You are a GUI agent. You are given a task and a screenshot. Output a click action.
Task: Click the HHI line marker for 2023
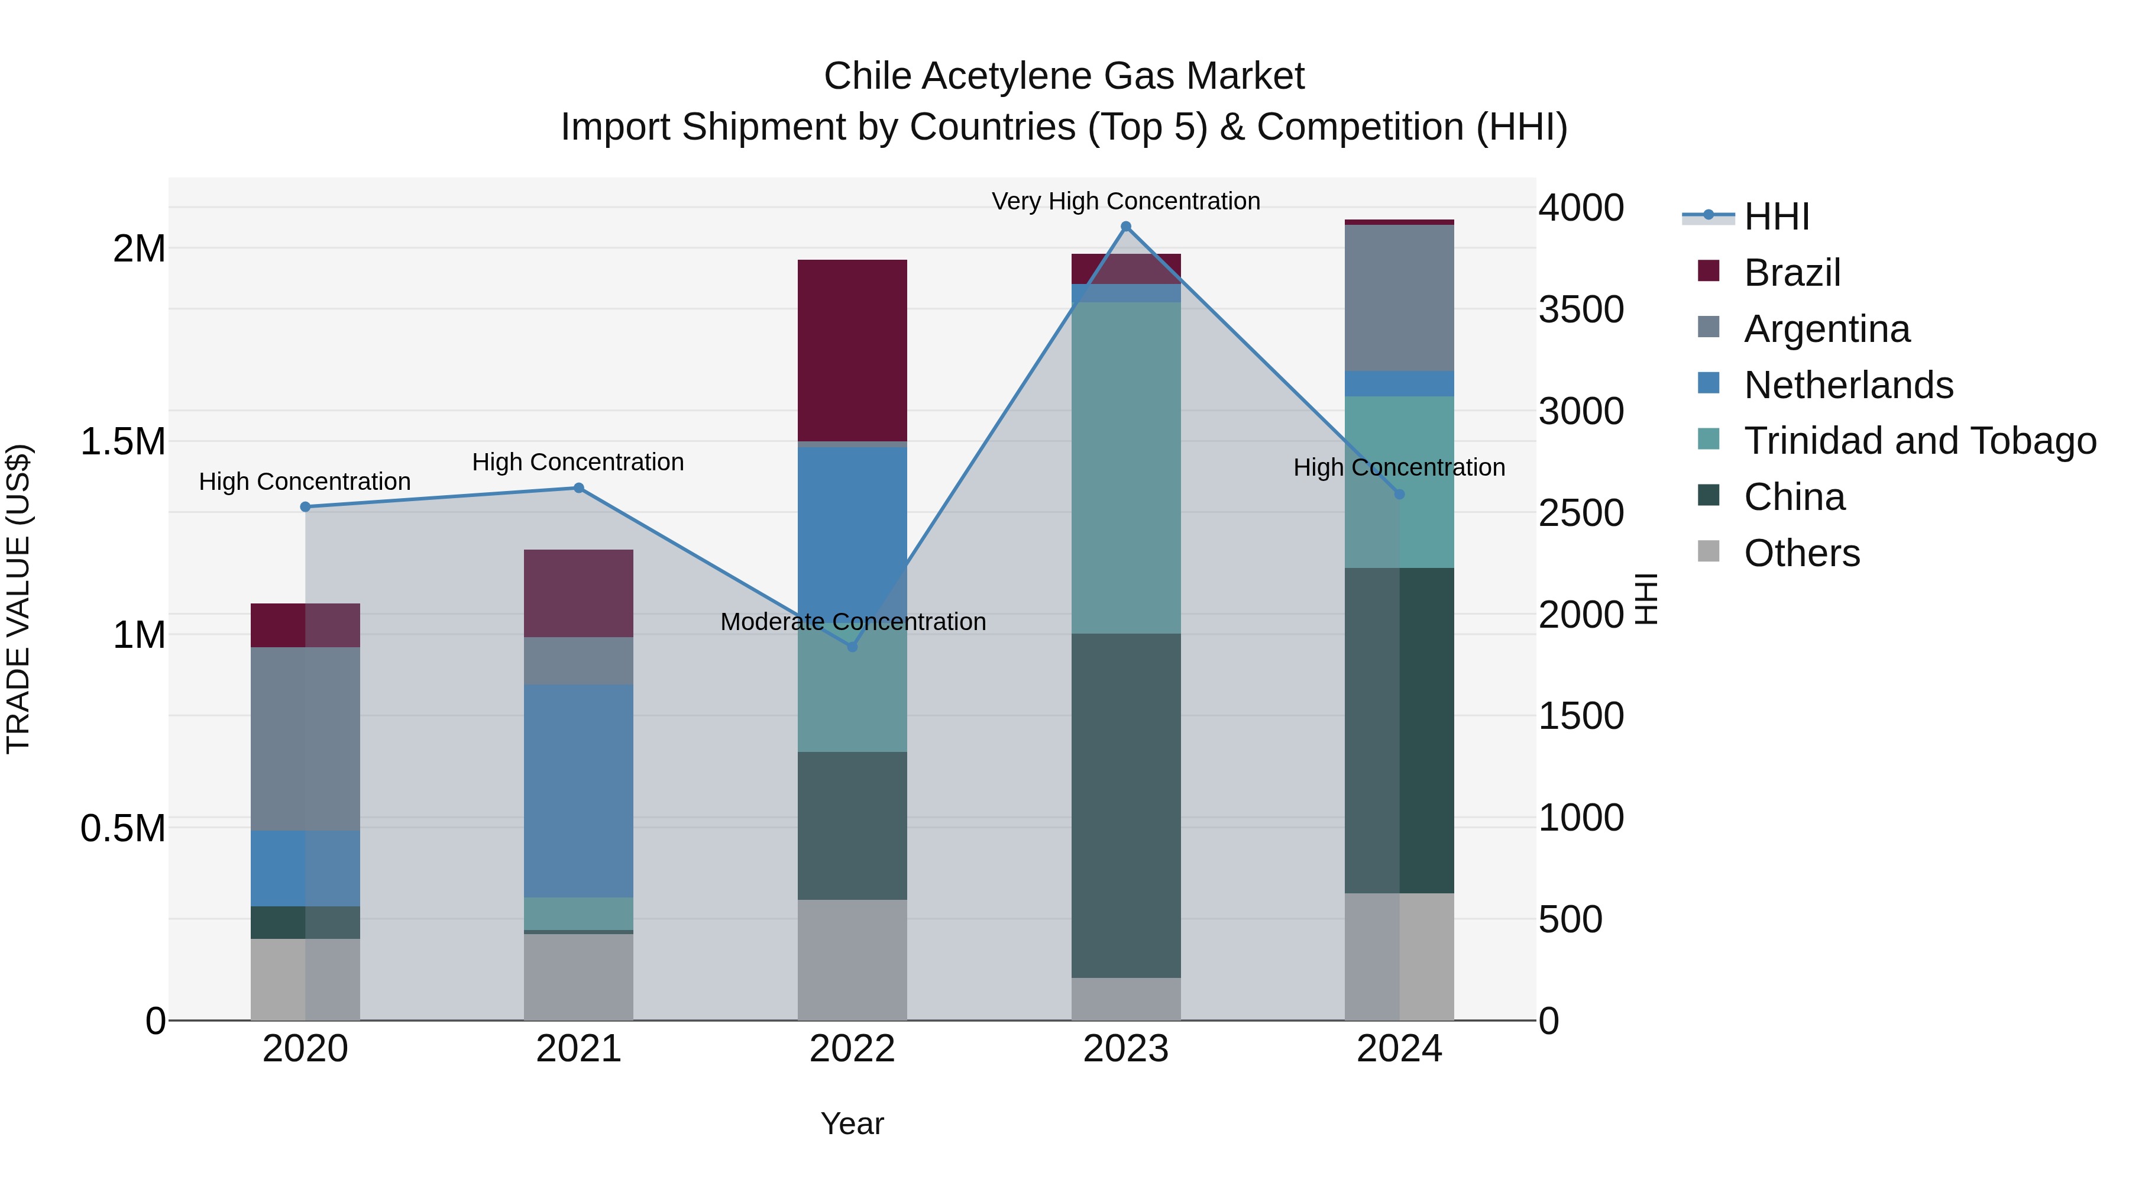point(1125,227)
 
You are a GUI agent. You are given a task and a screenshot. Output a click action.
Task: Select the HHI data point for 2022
point(853,647)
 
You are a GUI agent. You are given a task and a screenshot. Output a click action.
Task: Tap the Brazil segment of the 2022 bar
point(852,351)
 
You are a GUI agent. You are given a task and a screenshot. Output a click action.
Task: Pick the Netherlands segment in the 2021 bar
point(578,790)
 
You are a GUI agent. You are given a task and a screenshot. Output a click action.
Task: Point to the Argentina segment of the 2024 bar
point(1399,298)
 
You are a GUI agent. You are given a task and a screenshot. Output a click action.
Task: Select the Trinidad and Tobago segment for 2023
point(1125,468)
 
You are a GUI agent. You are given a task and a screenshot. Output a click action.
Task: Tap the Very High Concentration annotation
point(1125,201)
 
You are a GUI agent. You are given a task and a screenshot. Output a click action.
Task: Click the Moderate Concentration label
point(853,622)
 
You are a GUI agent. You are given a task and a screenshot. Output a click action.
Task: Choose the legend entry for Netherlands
point(1848,385)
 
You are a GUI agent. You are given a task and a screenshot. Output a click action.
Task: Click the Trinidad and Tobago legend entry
point(1919,441)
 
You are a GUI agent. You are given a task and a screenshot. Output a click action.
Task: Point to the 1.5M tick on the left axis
point(122,441)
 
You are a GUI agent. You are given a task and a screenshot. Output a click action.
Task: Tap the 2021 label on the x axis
point(578,1049)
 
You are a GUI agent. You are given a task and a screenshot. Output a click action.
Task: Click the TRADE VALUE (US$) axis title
point(18,599)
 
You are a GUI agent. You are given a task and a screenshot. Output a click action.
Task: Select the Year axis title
point(852,1123)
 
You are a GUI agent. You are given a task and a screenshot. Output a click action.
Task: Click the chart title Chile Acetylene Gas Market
point(1064,76)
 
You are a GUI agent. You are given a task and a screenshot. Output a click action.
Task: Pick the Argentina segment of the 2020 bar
point(305,738)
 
